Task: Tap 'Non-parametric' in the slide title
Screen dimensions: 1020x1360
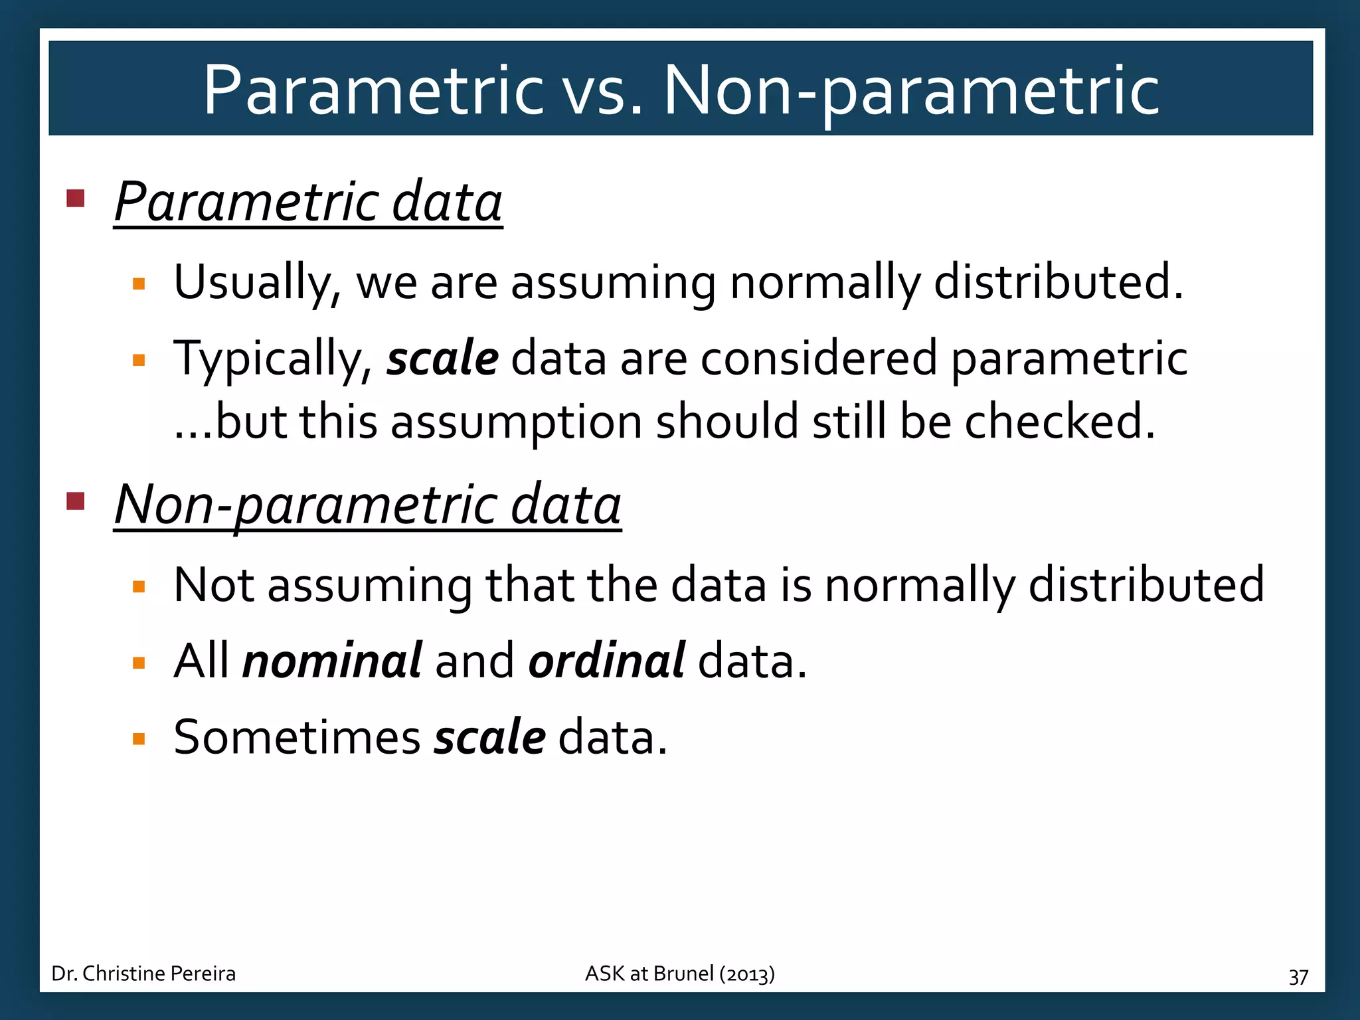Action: pos(911,90)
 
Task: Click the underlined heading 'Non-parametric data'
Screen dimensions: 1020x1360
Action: pos(367,504)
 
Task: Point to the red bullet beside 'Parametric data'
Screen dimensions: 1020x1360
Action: pos(76,199)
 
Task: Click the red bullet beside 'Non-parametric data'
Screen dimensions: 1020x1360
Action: pos(76,501)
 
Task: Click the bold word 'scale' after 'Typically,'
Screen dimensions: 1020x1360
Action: pos(442,358)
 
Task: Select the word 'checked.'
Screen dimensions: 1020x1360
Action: pos(1060,421)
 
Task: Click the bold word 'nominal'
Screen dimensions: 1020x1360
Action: pos(332,661)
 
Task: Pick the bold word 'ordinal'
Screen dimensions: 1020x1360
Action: pos(606,661)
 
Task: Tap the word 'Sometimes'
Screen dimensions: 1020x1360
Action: pos(297,737)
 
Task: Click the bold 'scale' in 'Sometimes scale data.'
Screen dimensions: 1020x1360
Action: pos(489,737)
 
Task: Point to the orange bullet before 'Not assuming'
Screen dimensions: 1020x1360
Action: pos(139,586)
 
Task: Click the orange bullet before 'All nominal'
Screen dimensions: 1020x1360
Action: pos(139,663)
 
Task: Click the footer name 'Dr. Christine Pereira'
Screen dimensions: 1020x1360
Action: pos(143,974)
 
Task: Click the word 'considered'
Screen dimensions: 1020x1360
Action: pos(819,358)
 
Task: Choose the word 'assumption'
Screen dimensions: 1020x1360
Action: pos(516,421)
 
